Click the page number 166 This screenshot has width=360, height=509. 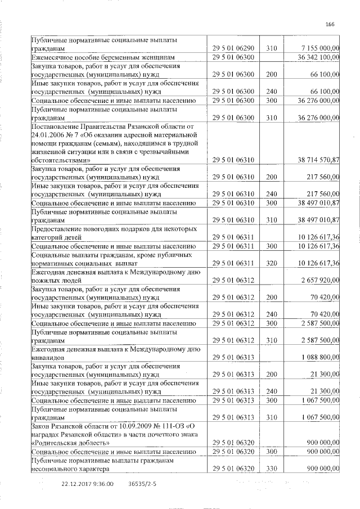[x=330, y=23]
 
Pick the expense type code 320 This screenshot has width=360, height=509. [x=272, y=263]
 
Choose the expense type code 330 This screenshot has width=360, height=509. [x=272, y=469]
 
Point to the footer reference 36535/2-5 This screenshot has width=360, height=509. [x=142, y=483]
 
